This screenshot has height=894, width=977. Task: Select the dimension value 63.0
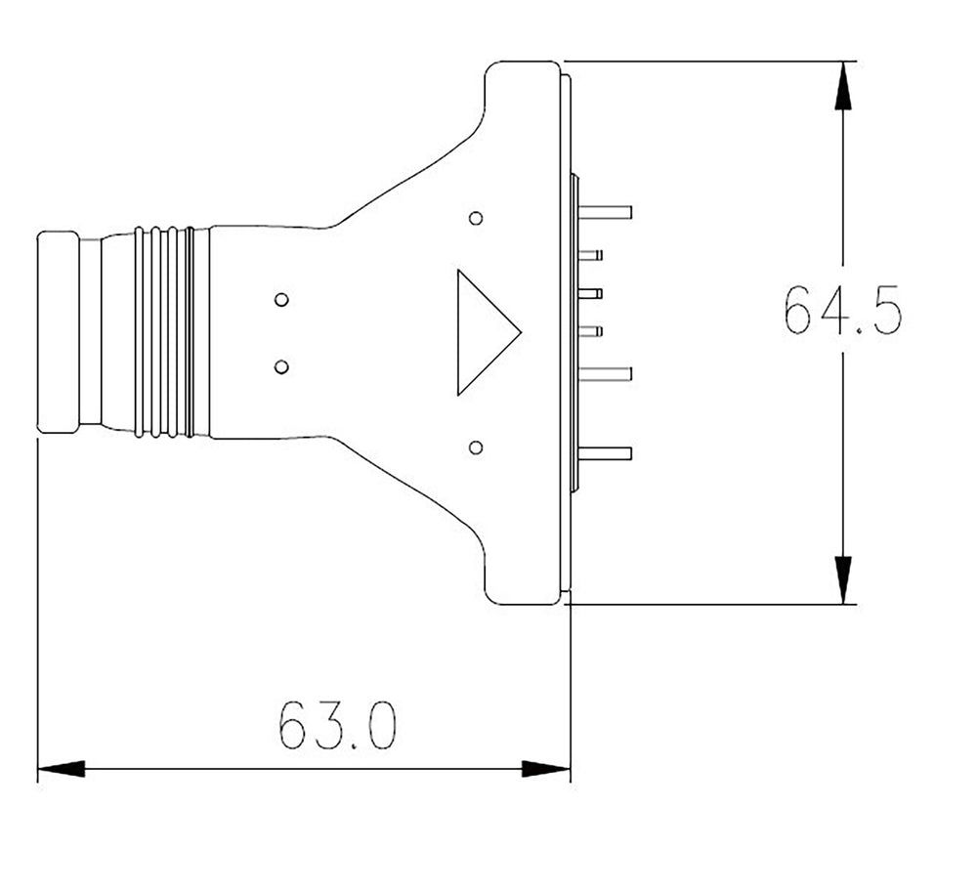(x=337, y=725)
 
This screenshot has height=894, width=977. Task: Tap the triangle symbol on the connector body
(x=483, y=332)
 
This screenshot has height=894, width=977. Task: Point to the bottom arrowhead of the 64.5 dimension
(x=843, y=579)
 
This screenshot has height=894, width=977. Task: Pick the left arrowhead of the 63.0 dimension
(x=61, y=769)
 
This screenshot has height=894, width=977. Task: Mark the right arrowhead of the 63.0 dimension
(x=546, y=769)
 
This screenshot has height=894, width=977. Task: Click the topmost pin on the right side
(x=605, y=212)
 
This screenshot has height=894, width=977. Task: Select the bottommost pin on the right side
(x=605, y=453)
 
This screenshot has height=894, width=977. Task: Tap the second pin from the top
(x=590, y=255)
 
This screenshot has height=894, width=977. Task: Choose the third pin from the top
(x=590, y=293)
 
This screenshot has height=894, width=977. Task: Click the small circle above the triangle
(x=476, y=218)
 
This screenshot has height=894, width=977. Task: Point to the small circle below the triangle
(x=476, y=447)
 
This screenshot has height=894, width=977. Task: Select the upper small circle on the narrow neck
(x=281, y=299)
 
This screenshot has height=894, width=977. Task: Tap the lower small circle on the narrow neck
(x=281, y=366)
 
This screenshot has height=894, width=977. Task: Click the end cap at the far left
(x=58, y=332)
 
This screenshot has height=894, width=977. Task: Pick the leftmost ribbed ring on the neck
(x=140, y=332)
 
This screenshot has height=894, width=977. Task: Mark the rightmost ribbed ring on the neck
(x=189, y=332)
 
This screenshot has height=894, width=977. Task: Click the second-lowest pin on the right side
(x=605, y=372)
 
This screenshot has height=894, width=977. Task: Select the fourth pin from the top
(x=590, y=331)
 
